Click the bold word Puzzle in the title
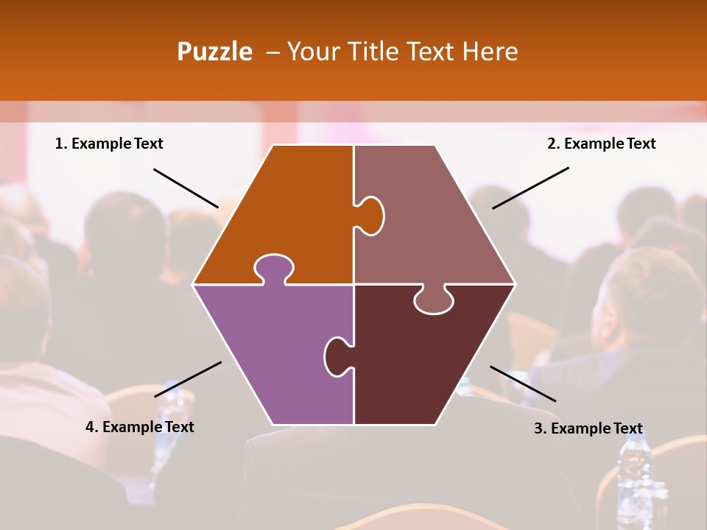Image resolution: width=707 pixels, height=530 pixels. point(214,52)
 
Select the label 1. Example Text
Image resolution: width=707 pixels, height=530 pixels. point(109,144)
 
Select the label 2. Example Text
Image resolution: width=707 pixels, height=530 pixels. point(601,144)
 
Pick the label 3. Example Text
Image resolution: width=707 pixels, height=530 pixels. point(588,428)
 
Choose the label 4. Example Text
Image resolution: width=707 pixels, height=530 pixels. point(140,427)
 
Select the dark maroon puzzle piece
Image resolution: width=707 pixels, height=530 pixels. point(420,361)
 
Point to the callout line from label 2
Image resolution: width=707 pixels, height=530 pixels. point(530,188)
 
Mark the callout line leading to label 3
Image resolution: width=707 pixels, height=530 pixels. point(523,384)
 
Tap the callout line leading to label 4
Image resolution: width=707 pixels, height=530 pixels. point(188,379)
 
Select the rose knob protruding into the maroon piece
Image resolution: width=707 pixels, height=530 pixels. point(433,300)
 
